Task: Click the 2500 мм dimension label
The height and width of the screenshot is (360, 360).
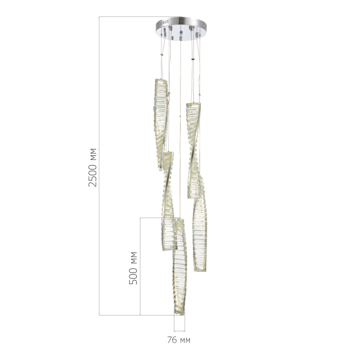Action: (x=93, y=167)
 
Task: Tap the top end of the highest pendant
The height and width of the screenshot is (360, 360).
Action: (x=160, y=81)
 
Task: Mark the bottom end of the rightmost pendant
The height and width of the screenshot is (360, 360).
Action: (x=201, y=269)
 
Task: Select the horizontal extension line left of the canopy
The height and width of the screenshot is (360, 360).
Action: (x=129, y=17)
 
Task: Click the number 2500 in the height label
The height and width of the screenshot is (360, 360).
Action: (x=93, y=175)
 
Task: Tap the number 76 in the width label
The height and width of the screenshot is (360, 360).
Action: (x=172, y=340)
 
